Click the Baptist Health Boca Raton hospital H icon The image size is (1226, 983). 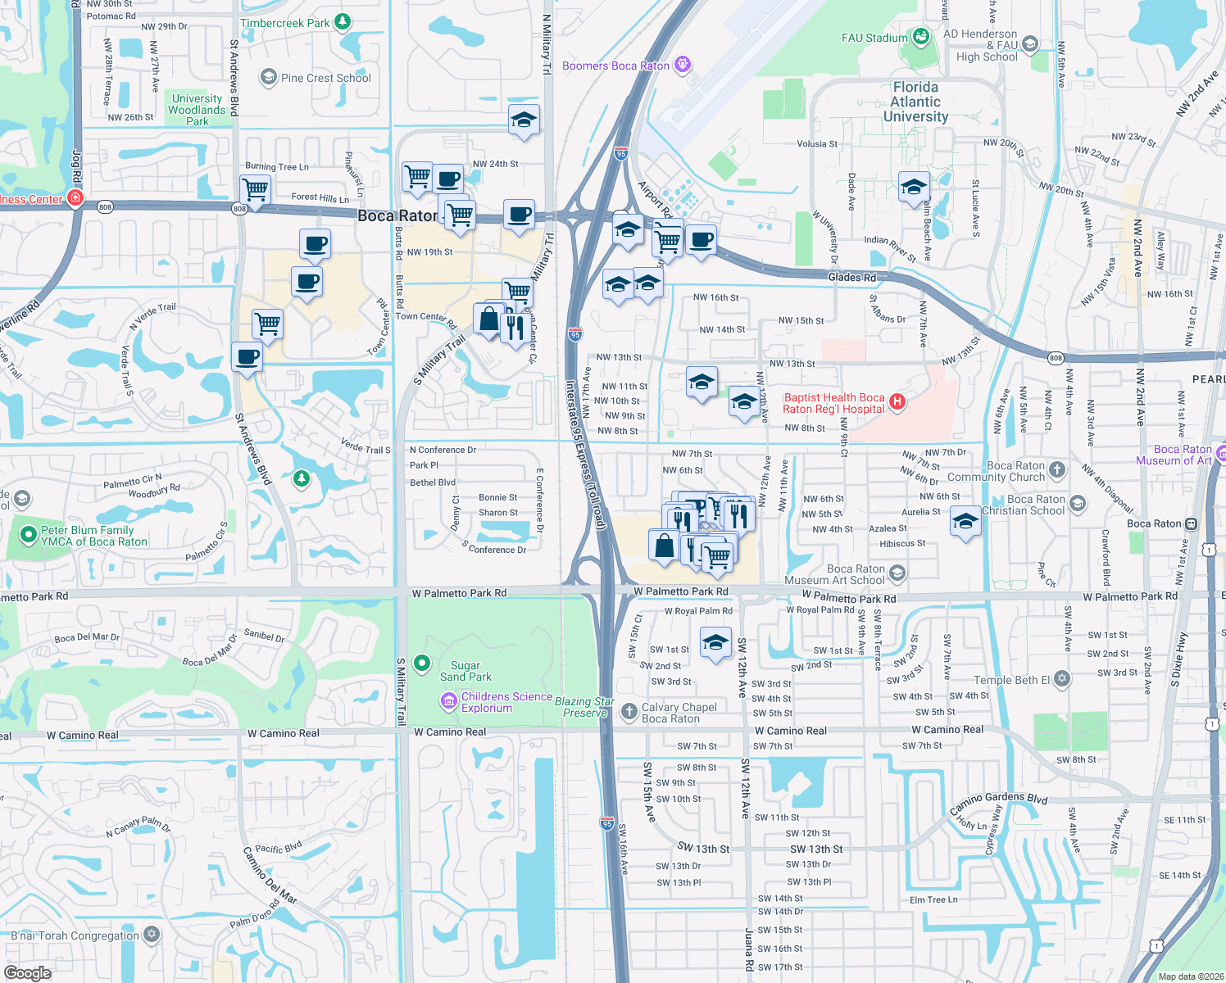897,401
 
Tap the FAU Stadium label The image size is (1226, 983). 874,38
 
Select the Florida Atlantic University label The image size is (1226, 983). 915,102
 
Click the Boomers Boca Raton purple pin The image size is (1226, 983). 682,65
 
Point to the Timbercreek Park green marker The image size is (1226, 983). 343,21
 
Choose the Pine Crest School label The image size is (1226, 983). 325,78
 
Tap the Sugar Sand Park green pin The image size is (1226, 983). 422,663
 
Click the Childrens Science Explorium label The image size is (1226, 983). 506,702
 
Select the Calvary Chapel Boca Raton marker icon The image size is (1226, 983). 629,711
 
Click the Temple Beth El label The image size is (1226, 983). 1011,680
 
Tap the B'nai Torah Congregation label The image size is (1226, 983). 75,935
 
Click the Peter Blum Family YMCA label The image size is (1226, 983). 93,536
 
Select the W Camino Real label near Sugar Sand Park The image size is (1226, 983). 450,732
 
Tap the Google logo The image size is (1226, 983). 28,972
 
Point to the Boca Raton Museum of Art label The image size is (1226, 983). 1174,455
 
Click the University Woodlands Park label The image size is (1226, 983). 197,110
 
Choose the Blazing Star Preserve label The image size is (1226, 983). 584,707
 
